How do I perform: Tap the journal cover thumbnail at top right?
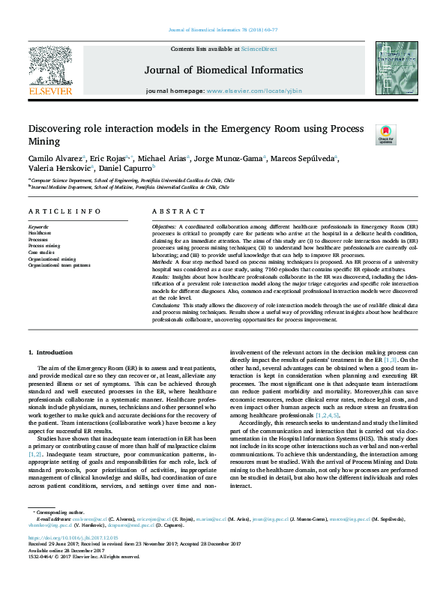coord(391,68)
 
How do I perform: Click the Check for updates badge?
coord(385,135)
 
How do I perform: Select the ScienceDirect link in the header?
coord(260,48)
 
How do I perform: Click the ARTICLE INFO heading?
coord(64,212)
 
